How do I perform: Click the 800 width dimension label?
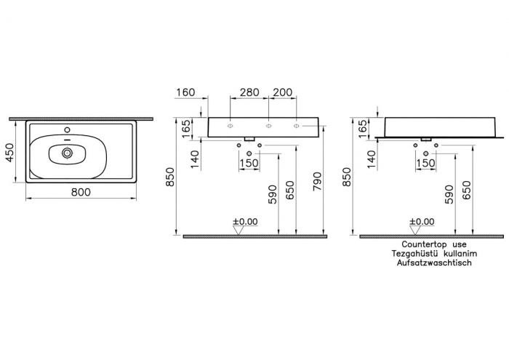coord(81,192)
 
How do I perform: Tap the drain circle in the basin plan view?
coord(68,153)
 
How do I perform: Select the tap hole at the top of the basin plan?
coord(67,130)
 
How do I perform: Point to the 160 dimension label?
coord(185,92)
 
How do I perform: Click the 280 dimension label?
coord(249,92)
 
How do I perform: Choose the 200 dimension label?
coord(282,92)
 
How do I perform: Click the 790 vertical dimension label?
coord(317,181)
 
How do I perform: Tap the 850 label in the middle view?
coord(169,177)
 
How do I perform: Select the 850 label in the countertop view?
coord(346,177)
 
